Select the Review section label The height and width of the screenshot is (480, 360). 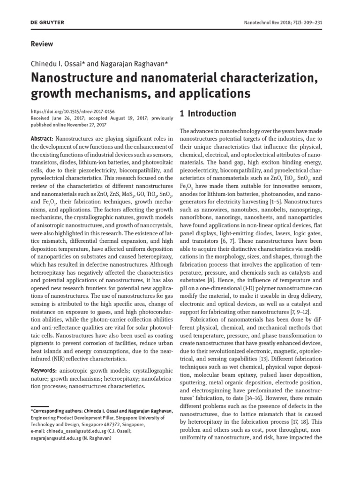pos(42,44)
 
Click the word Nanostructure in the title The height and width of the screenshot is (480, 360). pos(69,77)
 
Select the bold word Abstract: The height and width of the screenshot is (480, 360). pos(42,139)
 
